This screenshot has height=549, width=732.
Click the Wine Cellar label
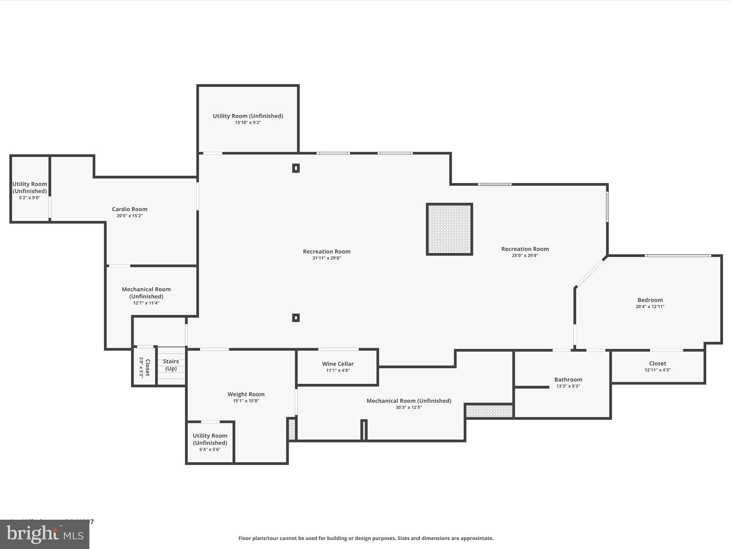[x=338, y=364]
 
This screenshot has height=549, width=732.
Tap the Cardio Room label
[x=129, y=209]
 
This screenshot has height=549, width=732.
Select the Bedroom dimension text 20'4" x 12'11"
[x=650, y=307]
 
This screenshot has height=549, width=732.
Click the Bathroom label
[x=568, y=380]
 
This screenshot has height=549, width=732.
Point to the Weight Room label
[x=246, y=394]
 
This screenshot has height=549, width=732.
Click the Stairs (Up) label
[x=171, y=365]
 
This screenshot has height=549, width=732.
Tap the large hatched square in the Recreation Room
[x=449, y=229]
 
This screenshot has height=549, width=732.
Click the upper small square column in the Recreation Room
[x=296, y=168]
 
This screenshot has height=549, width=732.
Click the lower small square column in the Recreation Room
[x=296, y=317]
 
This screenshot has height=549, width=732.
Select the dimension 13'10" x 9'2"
[x=248, y=123]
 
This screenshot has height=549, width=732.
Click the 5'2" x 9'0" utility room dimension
[x=29, y=198]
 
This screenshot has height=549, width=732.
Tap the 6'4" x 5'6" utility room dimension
[x=210, y=450]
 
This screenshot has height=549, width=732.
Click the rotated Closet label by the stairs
[x=147, y=367]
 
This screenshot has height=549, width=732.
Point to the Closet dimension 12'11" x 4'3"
[x=657, y=370]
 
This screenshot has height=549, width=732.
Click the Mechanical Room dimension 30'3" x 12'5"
[x=409, y=407]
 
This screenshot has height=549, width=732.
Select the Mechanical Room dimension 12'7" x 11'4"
[x=146, y=303]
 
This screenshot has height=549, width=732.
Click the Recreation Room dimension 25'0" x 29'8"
[x=525, y=256]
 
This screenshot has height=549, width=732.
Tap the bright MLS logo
[x=45, y=534]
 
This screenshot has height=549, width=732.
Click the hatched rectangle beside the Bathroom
[x=489, y=411]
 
